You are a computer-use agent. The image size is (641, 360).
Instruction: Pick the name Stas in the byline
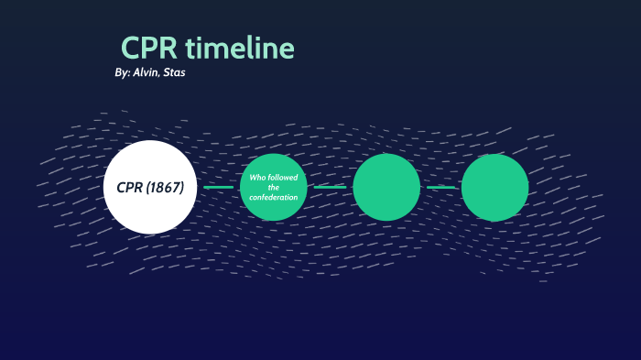[x=174, y=71]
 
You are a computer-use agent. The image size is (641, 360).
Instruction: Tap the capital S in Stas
[x=167, y=71]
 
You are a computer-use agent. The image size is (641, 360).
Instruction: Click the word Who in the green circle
[x=258, y=177]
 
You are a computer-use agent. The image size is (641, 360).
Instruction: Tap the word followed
[x=284, y=177]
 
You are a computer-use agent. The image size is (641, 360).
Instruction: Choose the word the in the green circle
[x=273, y=187]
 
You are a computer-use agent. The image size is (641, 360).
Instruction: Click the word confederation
[x=273, y=197]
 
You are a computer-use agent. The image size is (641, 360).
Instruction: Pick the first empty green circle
[x=386, y=187]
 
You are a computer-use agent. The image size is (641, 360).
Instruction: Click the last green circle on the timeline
[x=494, y=187]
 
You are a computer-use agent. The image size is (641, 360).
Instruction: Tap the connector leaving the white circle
[x=219, y=187]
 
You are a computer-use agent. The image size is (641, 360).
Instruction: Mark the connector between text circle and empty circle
[x=330, y=187]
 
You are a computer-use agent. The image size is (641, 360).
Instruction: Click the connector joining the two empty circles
[x=440, y=187]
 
